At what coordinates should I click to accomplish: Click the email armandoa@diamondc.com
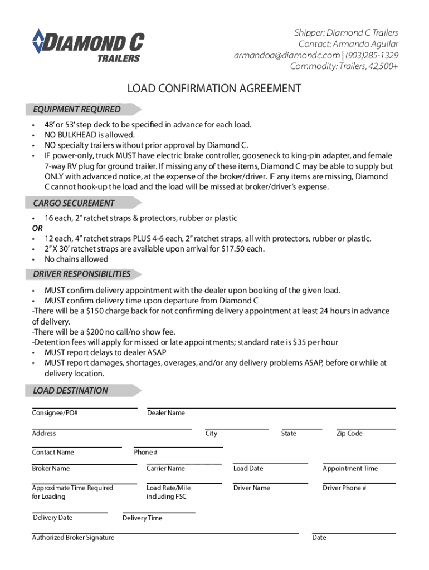[286, 56]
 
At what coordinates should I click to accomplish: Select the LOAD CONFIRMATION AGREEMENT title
[214, 89]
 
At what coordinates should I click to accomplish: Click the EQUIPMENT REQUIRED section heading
[77, 110]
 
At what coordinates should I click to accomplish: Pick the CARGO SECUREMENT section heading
[74, 203]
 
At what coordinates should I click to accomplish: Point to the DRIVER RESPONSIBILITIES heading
[82, 274]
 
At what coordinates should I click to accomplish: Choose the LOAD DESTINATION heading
[71, 390]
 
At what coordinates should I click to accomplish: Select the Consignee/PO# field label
[55, 413]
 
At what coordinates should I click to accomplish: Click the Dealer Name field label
[166, 413]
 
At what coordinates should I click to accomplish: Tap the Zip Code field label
[349, 434]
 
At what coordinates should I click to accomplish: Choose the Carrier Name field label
[165, 469]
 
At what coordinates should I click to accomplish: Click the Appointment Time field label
[350, 469]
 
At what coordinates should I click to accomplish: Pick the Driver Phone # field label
[344, 488]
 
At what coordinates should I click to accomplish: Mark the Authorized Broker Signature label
[73, 538]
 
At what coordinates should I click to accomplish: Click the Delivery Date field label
[53, 518]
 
